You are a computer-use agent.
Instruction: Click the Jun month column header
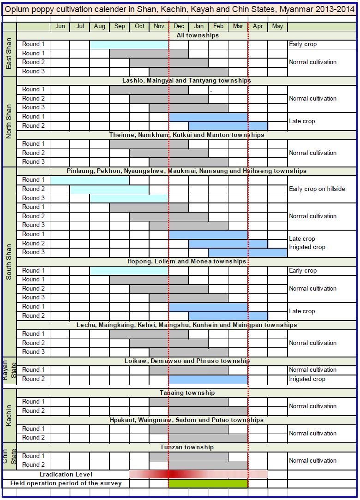[60, 26]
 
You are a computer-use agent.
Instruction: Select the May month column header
[277, 26]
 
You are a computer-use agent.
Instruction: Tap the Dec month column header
[179, 26]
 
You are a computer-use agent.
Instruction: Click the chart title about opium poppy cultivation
[180, 9]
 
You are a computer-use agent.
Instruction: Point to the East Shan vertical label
[9, 54]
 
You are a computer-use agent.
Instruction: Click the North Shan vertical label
[9, 121]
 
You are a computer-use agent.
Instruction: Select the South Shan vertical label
[9, 262]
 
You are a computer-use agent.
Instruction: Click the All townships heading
[198, 35]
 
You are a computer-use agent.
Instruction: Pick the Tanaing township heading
[187, 393]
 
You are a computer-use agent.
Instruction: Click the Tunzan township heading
[187, 447]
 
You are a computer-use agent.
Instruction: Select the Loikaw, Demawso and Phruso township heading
[187, 361]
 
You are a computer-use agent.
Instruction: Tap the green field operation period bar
[208, 483]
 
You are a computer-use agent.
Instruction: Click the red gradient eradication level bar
[198, 474]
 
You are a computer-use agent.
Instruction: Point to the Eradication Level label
[66, 474]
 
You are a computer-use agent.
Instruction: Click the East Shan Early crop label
[303, 44]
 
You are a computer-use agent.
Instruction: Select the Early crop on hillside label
[317, 189]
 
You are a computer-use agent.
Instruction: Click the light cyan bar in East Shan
[129, 44]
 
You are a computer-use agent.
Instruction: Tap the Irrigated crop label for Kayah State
[307, 379]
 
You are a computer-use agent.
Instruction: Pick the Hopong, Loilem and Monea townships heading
[187, 261]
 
